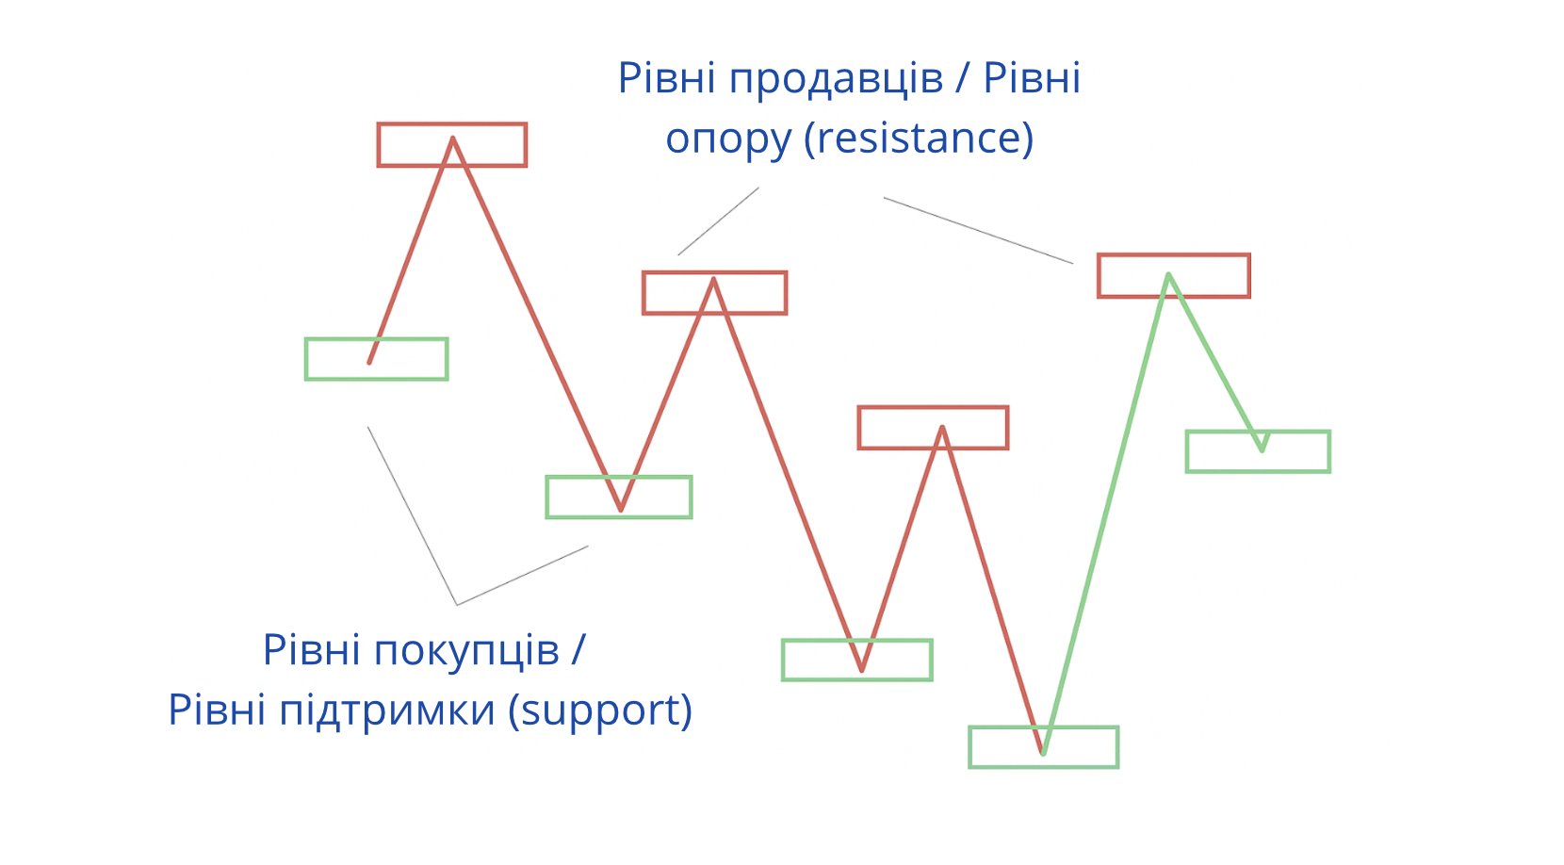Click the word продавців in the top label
coord(836,79)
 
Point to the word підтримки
coord(387,710)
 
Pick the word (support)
coord(600,710)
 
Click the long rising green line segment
coord(1106,514)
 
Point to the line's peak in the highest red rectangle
coord(453,139)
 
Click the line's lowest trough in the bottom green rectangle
coord(1043,753)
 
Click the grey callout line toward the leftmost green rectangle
coord(412,514)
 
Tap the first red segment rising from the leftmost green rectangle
coord(412,250)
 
